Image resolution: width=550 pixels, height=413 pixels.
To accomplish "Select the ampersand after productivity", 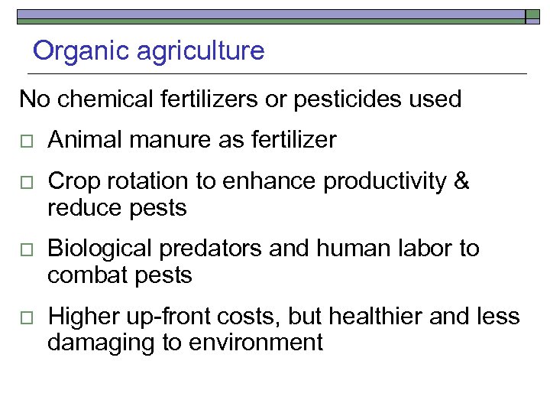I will [461, 182].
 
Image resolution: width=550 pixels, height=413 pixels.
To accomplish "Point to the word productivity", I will [384, 182].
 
